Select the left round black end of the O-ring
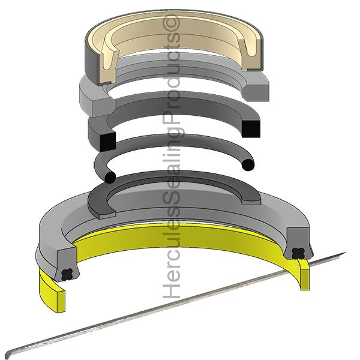click(110, 177)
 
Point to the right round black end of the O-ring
click(248, 163)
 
